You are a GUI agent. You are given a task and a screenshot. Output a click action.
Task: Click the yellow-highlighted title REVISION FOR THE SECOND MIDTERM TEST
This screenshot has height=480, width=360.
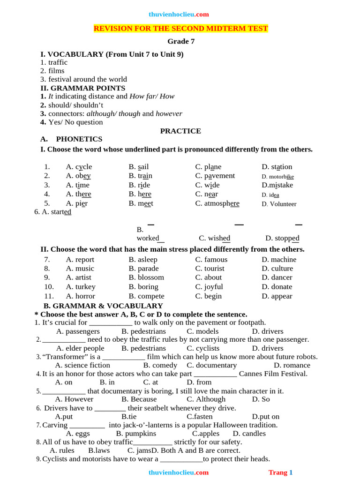coord(180,29)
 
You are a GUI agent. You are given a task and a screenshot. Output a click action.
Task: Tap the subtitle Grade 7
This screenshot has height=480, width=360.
coord(181,41)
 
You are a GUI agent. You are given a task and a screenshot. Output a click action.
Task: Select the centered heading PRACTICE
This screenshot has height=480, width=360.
coord(180,131)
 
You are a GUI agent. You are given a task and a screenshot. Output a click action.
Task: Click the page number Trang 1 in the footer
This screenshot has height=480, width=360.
coord(280,472)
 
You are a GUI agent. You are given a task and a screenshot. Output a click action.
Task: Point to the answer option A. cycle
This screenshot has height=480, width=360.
coord(79,167)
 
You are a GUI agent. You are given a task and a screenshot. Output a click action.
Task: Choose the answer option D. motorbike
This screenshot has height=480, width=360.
coord(277,177)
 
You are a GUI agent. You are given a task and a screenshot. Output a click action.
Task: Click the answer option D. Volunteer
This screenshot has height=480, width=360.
coord(279,204)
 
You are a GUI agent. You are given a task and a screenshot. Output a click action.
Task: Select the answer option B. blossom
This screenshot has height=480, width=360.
coord(146,277)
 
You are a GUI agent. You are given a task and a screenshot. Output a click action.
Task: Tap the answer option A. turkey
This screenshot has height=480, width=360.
coord(81,287)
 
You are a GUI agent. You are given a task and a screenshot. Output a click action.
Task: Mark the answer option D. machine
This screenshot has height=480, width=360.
coord(279,260)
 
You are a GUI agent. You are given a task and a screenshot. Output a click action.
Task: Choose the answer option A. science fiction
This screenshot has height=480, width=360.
coord(82,366)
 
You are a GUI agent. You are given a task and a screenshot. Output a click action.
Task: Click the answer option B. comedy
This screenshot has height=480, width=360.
coord(160,366)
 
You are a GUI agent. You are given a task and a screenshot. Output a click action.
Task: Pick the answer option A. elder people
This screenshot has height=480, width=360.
coord(80,348)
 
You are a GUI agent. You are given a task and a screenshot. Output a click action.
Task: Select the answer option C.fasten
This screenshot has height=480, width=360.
coord(200,417)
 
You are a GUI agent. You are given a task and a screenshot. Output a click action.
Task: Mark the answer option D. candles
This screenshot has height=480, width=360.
coord(249,434)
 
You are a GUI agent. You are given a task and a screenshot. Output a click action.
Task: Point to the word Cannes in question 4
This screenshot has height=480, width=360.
coord(252,374)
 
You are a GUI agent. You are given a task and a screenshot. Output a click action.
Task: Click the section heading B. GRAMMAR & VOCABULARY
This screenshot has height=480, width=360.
coord(103,306)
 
